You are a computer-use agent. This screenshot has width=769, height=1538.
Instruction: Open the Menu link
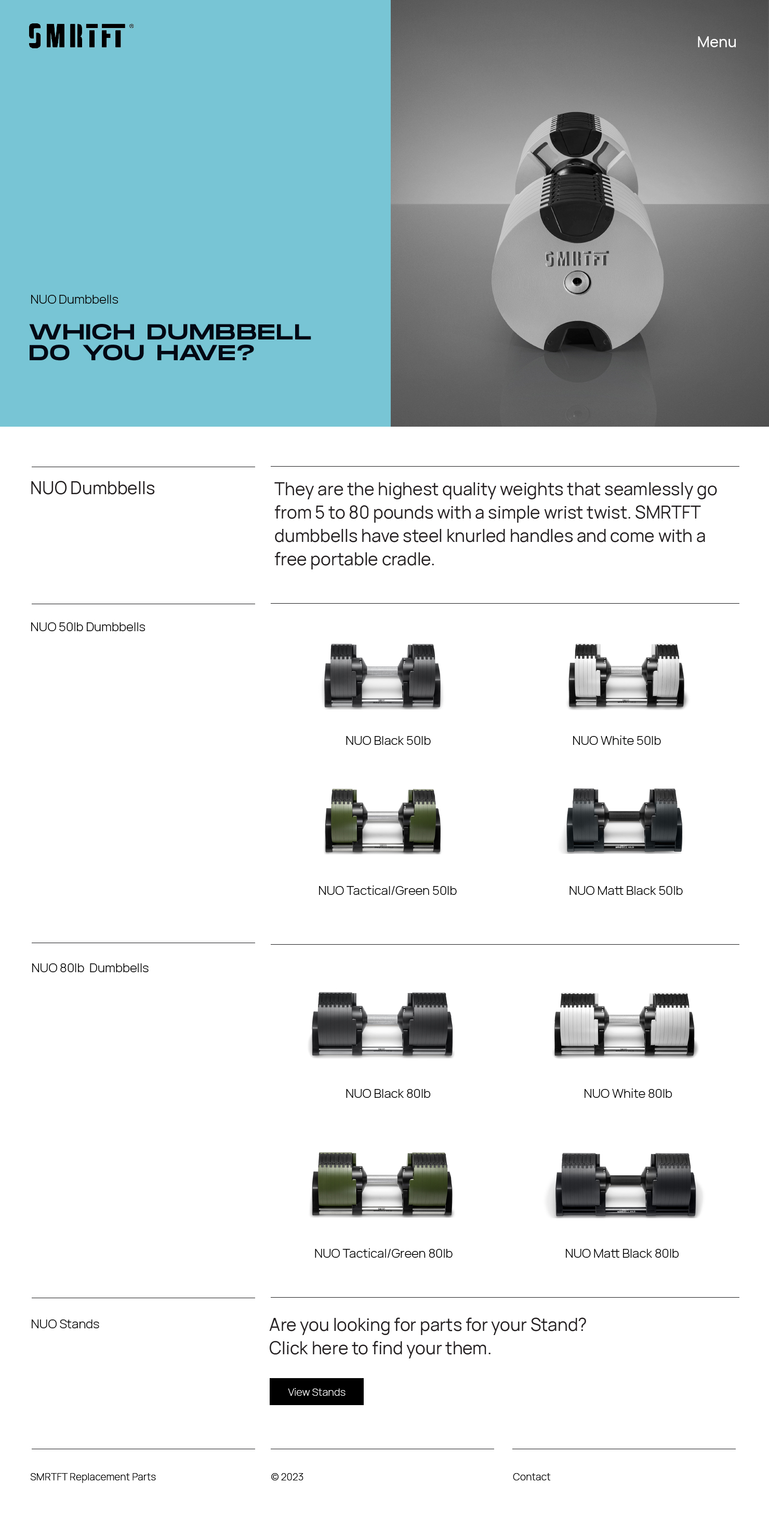[716, 43]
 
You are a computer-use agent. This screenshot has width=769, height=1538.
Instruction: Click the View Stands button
[316, 1392]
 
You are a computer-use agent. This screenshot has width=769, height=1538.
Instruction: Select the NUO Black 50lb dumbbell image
[382, 676]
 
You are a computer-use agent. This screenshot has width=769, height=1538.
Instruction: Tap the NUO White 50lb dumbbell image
[626, 676]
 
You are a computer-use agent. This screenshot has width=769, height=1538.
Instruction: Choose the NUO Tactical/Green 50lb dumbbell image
[382, 821]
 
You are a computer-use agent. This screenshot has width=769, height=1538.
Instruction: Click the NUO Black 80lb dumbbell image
[382, 1025]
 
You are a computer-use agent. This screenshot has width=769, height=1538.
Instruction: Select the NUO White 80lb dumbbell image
[625, 1025]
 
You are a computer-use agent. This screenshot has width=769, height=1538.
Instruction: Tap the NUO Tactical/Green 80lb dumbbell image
[382, 1185]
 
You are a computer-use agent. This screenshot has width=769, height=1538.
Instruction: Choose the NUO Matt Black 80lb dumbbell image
[625, 1185]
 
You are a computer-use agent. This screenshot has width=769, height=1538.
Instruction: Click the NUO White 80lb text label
[627, 1093]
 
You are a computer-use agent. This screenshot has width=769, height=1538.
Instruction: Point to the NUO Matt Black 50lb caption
[625, 890]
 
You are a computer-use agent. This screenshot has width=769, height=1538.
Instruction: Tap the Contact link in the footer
[531, 1477]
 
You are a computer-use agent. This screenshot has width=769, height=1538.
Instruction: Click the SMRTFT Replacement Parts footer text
[92, 1477]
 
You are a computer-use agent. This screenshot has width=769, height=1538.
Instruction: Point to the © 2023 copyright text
[287, 1477]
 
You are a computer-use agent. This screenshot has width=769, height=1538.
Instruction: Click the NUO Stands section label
[65, 1324]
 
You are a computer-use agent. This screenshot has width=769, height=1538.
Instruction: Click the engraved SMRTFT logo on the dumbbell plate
[577, 258]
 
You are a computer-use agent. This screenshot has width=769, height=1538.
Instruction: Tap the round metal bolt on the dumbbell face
[577, 282]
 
